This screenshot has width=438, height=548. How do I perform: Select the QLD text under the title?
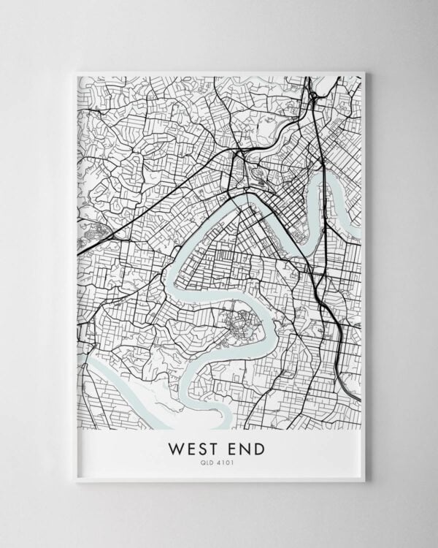pyautogui.click(x=211, y=462)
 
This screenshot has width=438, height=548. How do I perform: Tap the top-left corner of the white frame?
pyautogui.click(x=74, y=72)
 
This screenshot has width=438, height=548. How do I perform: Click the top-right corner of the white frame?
pyautogui.click(x=364, y=72)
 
